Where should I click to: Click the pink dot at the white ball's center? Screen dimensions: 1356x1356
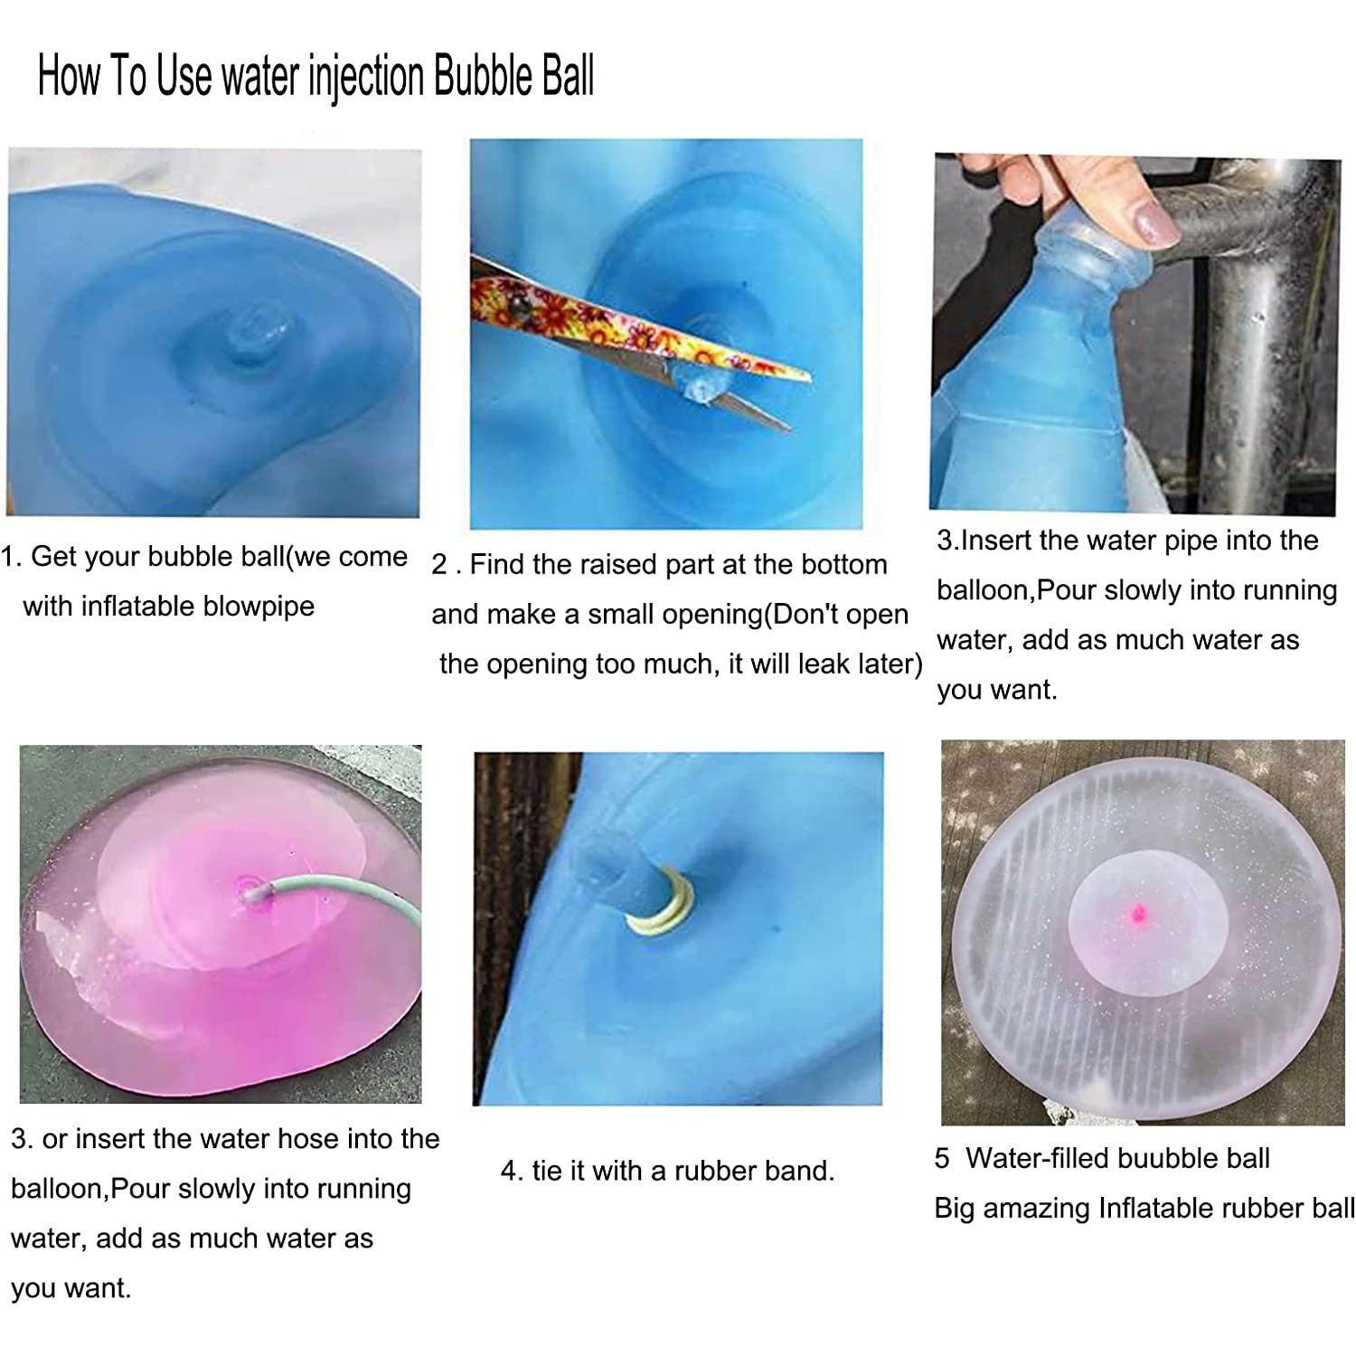click(x=1137, y=913)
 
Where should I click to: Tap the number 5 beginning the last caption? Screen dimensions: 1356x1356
click(x=942, y=1158)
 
